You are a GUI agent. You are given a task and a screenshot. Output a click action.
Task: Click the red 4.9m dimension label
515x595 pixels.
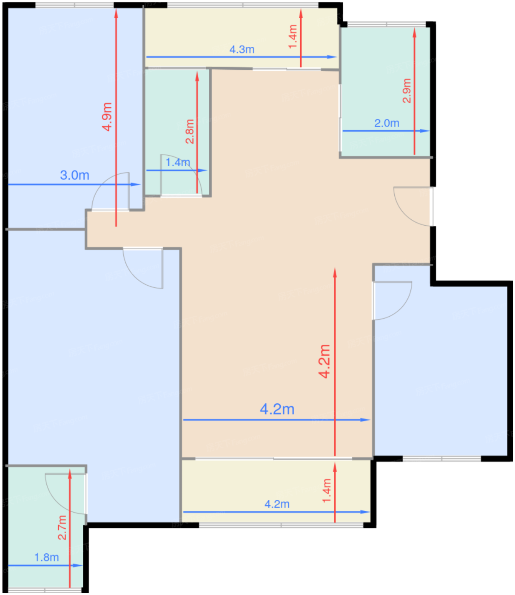(107, 116)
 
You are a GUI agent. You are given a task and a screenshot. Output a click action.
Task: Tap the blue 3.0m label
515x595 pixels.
(74, 175)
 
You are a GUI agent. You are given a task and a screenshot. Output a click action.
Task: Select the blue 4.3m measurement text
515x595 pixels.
(242, 49)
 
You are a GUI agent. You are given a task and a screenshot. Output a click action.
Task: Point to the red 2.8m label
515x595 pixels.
(190, 132)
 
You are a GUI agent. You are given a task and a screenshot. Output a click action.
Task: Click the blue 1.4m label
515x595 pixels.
(178, 162)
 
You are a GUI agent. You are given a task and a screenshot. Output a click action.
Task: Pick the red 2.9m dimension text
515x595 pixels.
(407, 91)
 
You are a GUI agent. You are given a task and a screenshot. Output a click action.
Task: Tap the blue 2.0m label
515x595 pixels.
(387, 123)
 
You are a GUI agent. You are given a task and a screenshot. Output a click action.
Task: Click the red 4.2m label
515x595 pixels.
(324, 361)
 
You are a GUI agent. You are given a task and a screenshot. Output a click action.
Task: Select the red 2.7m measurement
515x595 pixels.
(62, 527)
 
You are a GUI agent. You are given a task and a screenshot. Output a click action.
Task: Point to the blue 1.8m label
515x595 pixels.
(46, 558)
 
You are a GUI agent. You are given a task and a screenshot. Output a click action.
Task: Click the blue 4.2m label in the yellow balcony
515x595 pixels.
(277, 504)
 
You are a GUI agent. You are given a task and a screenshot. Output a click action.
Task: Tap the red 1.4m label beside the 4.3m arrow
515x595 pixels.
(293, 37)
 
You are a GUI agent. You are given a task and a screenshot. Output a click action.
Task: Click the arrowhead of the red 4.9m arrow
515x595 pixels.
(116, 13)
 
